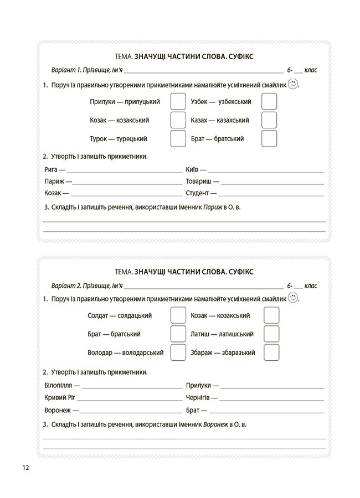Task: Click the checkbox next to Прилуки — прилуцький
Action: [x=178, y=102]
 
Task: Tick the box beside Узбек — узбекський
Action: [x=269, y=102]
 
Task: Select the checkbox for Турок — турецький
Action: [x=178, y=138]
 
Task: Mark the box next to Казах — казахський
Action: [x=269, y=120]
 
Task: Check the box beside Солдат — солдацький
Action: [x=178, y=315]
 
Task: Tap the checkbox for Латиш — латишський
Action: [x=271, y=334]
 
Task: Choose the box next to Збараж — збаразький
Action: [x=271, y=352]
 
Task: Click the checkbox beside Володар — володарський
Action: [x=178, y=352]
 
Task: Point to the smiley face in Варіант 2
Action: [x=293, y=298]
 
